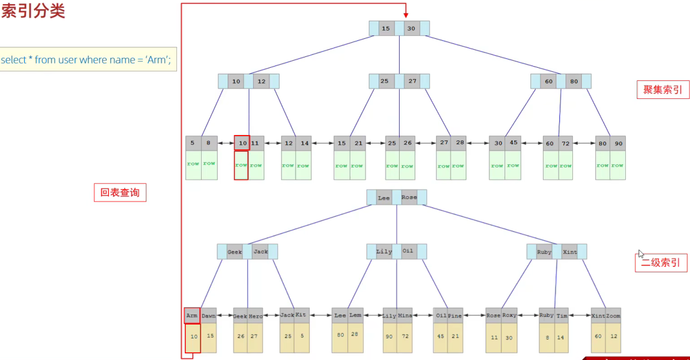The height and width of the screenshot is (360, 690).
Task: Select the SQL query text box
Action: [x=88, y=59]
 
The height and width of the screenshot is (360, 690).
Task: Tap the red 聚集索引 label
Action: [x=662, y=89]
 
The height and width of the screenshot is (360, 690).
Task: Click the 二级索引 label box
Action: [x=661, y=263]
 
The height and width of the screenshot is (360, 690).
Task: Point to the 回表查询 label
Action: [x=120, y=193]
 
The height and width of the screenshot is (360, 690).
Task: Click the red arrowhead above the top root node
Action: [x=406, y=14]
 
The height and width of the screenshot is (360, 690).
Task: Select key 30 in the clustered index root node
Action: [x=411, y=28]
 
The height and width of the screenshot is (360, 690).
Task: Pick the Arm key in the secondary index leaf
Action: [x=192, y=315]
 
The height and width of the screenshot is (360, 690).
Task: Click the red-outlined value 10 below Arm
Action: [x=193, y=337]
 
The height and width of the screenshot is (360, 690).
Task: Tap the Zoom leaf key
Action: [x=613, y=316]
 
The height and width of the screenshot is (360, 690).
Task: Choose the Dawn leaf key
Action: [x=208, y=316]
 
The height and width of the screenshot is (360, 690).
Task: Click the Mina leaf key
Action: [x=405, y=316]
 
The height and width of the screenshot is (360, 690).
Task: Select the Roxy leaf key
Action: [x=509, y=316]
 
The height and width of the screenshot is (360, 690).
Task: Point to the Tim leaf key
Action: [x=562, y=316]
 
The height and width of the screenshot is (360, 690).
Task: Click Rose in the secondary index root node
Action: [x=409, y=197]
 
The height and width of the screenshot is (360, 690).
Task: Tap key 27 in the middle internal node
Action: [x=412, y=81]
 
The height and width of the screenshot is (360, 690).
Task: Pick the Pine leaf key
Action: [x=455, y=316]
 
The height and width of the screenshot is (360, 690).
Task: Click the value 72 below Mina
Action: [x=405, y=337]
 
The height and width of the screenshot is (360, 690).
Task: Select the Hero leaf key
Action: [x=256, y=316]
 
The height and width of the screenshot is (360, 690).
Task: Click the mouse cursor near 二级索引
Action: [x=641, y=254]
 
